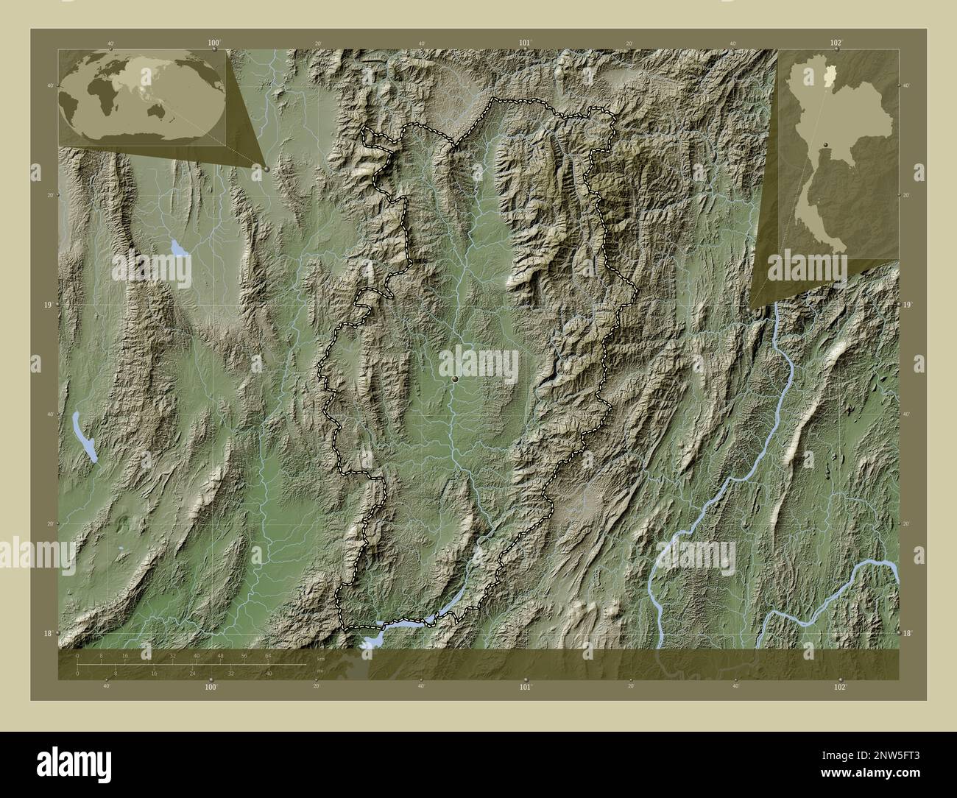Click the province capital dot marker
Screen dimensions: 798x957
[456, 378]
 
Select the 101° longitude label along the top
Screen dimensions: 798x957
[525, 43]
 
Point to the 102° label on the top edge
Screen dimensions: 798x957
[836, 43]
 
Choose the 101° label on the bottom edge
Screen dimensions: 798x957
[525, 687]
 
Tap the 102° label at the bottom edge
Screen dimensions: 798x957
[840, 687]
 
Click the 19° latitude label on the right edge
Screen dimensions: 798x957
[908, 304]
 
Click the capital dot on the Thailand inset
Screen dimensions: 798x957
[826, 144]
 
